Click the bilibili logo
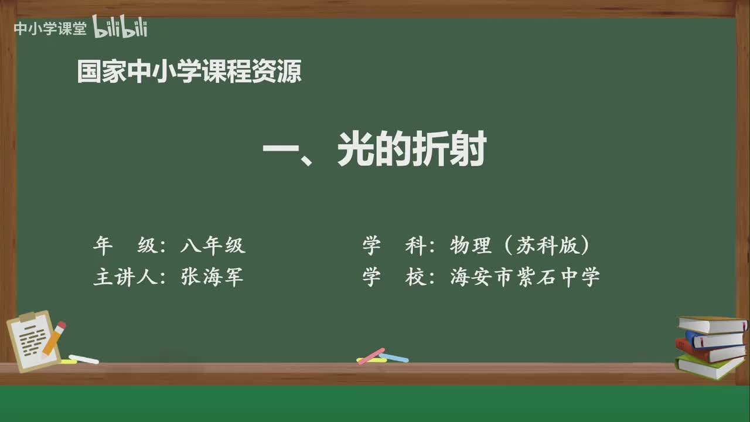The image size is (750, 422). (120, 28)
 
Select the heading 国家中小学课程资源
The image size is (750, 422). (189, 72)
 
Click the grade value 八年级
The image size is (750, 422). (213, 246)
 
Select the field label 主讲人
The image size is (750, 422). (125, 277)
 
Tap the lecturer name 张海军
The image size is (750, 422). (212, 277)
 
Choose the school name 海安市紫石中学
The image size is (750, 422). (525, 277)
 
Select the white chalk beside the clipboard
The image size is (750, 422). (84, 359)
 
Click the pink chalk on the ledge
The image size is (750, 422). (371, 356)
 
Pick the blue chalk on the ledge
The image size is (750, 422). (394, 358)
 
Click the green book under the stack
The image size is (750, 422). (708, 367)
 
